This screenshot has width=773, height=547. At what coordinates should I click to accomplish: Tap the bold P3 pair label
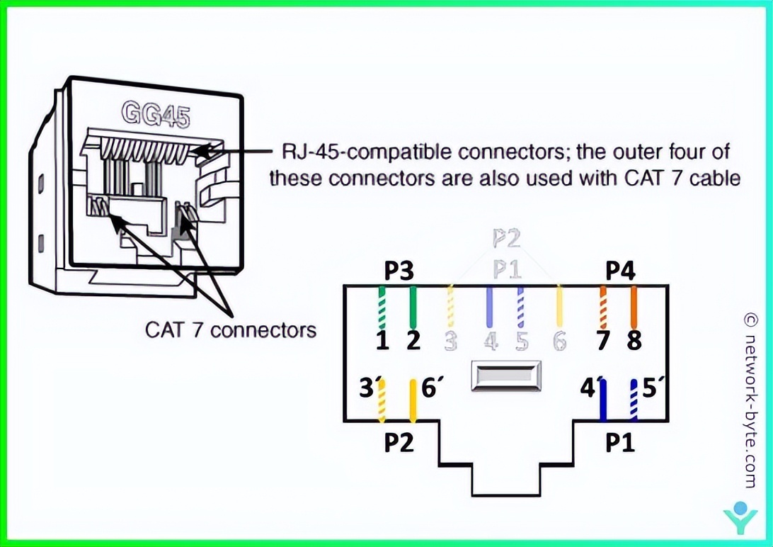click(399, 271)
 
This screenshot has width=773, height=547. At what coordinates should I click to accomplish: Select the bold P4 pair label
click(621, 271)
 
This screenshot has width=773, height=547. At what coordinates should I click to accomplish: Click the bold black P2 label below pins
click(399, 442)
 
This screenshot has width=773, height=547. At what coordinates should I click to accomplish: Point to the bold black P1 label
click(621, 442)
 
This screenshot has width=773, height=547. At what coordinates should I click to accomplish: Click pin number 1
click(382, 341)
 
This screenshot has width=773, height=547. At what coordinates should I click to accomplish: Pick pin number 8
click(634, 341)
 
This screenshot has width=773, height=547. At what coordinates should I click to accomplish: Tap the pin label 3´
click(368, 389)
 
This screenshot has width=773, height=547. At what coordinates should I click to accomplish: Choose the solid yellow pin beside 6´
click(413, 400)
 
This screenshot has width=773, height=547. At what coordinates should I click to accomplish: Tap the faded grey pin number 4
click(490, 342)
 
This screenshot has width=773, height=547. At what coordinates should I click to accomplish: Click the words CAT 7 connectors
click(231, 329)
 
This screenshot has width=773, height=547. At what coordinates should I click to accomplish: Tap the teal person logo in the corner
click(740, 518)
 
